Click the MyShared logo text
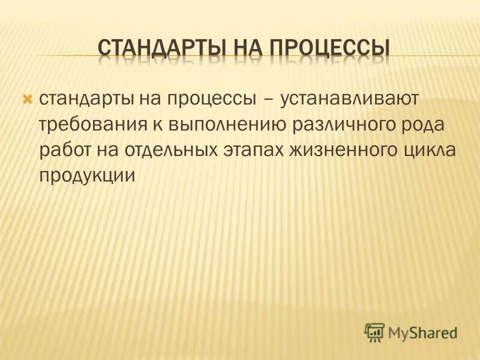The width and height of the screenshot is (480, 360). pos(423,331)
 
